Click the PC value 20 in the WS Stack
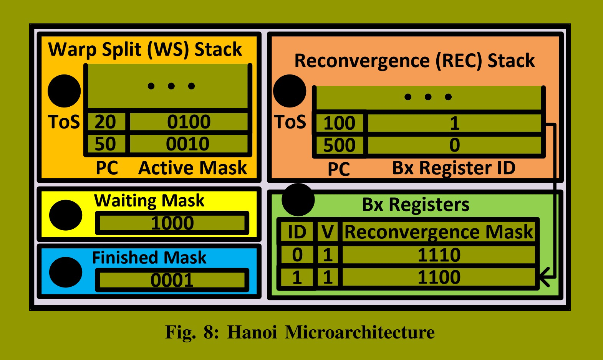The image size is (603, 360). click(x=105, y=122)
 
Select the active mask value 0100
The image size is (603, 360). click(x=189, y=122)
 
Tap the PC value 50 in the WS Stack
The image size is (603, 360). click(x=105, y=144)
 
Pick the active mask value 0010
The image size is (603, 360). click(x=188, y=144)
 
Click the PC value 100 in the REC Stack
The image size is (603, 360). click(x=339, y=123)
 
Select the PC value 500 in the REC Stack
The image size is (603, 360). click(x=339, y=145)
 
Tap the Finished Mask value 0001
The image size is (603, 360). click(x=172, y=280)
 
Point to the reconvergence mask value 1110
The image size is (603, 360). click(x=439, y=255)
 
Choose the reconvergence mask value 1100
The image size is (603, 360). click(x=439, y=277)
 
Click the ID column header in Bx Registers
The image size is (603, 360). click(x=297, y=232)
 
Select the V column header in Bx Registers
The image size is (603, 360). click(x=327, y=232)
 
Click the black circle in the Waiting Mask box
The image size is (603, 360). click(x=66, y=215)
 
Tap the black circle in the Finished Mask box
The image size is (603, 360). click(x=66, y=272)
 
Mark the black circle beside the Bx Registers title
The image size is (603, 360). click(x=298, y=200)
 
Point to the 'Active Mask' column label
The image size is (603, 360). click(x=192, y=168)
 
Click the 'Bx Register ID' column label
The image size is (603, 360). click(x=454, y=168)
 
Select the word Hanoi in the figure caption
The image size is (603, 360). click(x=252, y=332)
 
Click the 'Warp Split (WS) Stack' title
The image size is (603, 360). click(x=145, y=50)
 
